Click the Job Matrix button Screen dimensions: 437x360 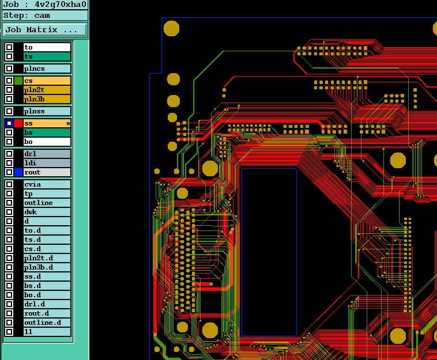point(45,29)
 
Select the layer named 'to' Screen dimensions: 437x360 point(47,47)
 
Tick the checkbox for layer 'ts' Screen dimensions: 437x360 point(9,56)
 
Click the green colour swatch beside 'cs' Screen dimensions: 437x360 point(18,81)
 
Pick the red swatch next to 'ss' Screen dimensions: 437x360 point(18,123)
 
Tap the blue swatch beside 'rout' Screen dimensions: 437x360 point(18,172)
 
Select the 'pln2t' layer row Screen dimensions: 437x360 point(47,90)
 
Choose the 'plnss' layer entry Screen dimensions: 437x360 point(47,111)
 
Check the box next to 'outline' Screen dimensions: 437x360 point(9,203)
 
